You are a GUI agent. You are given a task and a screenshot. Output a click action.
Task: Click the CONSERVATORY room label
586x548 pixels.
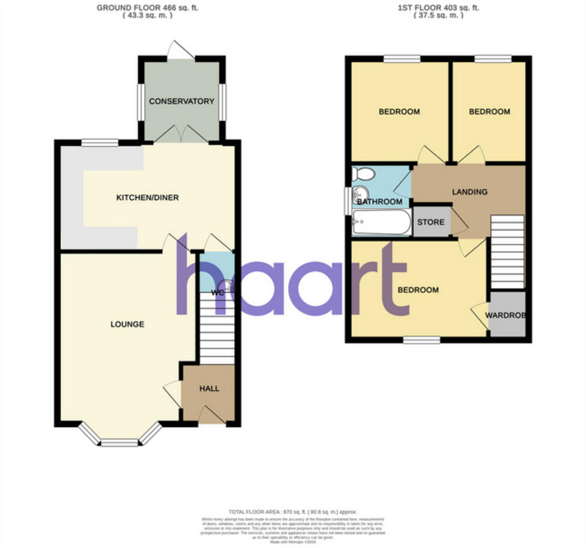click(181, 101)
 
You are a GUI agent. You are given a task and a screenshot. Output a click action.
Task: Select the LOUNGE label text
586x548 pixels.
click(127, 324)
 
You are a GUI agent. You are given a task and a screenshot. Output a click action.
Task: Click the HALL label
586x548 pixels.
click(209, 388)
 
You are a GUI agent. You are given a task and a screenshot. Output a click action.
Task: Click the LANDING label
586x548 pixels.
click(470, 192)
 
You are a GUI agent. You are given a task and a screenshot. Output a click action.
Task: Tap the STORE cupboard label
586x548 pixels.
click(431, 222)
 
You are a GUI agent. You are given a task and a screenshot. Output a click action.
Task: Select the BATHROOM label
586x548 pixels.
click(379, 202)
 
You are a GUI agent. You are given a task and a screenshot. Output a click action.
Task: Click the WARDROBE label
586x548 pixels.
click(507, 315)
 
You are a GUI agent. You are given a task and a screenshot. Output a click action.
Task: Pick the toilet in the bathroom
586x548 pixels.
click(364, 174)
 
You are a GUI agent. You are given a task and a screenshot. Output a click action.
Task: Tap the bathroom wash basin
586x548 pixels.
click(360, 193)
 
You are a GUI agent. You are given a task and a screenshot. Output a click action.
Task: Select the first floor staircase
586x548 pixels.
click(508, 252)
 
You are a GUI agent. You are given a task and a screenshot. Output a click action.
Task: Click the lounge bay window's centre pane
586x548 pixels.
click(119, 444)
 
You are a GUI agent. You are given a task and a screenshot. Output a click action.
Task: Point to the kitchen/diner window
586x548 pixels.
click(100, 142)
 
